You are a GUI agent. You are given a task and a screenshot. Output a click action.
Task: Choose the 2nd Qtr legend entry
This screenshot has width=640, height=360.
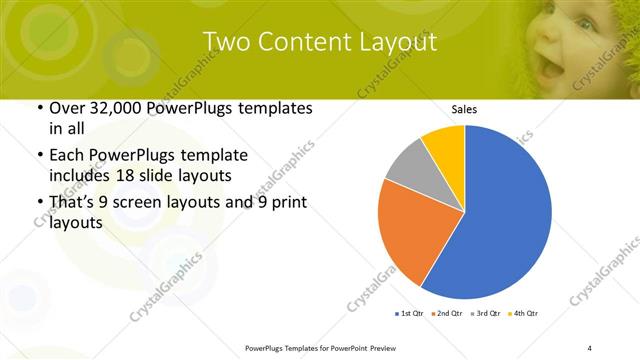click(x=446, y=313)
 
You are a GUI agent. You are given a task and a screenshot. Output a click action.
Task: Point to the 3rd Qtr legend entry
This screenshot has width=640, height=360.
click(x=484, y=313)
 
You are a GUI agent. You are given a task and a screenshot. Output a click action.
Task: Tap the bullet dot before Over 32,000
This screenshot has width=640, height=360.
click(x=38, y=108)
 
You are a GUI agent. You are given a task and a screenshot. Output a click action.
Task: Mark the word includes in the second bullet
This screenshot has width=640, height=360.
click(x=81, y=176)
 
